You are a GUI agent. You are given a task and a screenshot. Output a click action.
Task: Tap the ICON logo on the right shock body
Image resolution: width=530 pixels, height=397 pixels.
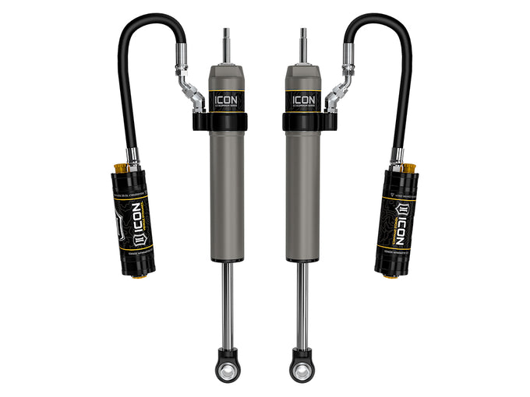(303, 100)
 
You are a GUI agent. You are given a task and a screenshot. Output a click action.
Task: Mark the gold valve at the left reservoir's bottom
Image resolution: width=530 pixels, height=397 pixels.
(143, 274)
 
